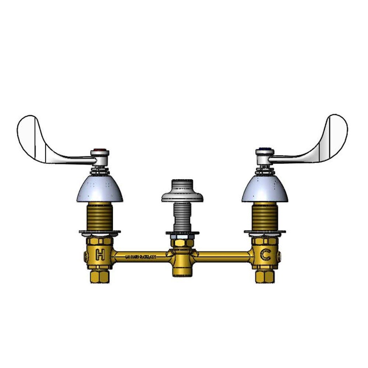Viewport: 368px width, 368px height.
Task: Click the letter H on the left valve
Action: (99, 254)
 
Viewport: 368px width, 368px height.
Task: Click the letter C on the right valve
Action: (265, 254)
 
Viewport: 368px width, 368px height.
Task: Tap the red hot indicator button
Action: (100, 150)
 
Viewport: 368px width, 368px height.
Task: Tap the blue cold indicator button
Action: (265, 150)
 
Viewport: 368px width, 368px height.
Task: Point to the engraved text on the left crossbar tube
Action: (141, 256)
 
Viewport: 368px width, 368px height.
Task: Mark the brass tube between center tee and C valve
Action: (224, 255)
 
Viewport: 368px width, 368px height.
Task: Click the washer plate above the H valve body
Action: (100, 233)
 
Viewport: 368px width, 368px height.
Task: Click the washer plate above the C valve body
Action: (265, 233)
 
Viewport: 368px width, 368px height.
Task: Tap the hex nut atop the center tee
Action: (182, 243)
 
